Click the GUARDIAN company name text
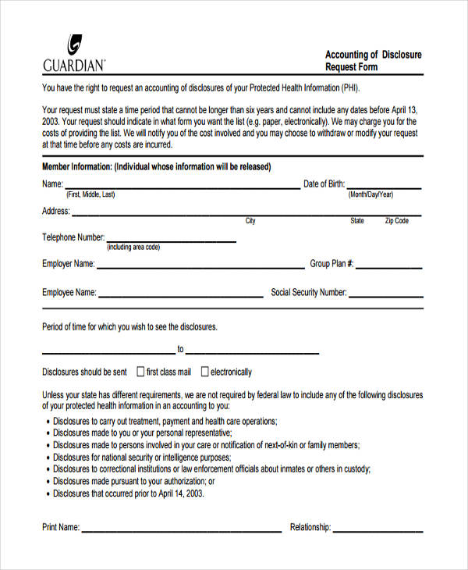(74, 64)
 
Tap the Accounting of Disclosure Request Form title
(373, 61)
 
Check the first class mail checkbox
(141, 372)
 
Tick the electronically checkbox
(205, 372)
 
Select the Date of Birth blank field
(385, 187)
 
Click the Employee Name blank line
(181, 296)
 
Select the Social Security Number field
(386, 296)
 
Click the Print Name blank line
(181, 530)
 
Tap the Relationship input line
(379, 530)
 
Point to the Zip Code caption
(396, 221)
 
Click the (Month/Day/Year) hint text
(370, 194)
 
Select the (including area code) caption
(133, 248)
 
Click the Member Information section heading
(156, 167)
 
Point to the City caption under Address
(250, 221)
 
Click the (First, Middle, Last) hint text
(90, 194)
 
